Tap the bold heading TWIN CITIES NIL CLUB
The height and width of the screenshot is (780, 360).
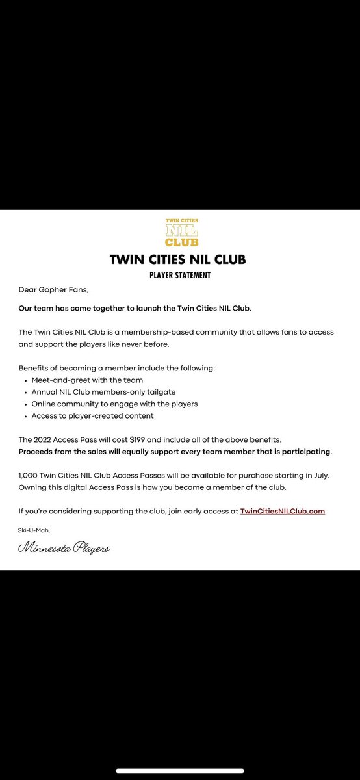click(x=179, y=260)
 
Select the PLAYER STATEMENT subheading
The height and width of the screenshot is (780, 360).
click(x=179, y=275)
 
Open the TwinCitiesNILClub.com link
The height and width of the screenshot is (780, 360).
click(x=282, y=511)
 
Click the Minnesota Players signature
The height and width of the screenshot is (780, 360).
click(x=64, y=549)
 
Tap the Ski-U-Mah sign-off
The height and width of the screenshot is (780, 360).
click(x=32, y=530)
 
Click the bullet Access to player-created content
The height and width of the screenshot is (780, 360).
click(x=92, y=416)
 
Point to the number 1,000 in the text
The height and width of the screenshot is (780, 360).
click(x=29, y=475)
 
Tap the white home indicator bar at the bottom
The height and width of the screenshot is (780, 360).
click(x=180, y=771)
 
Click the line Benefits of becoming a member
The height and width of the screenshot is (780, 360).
click(x=116, y=368)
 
